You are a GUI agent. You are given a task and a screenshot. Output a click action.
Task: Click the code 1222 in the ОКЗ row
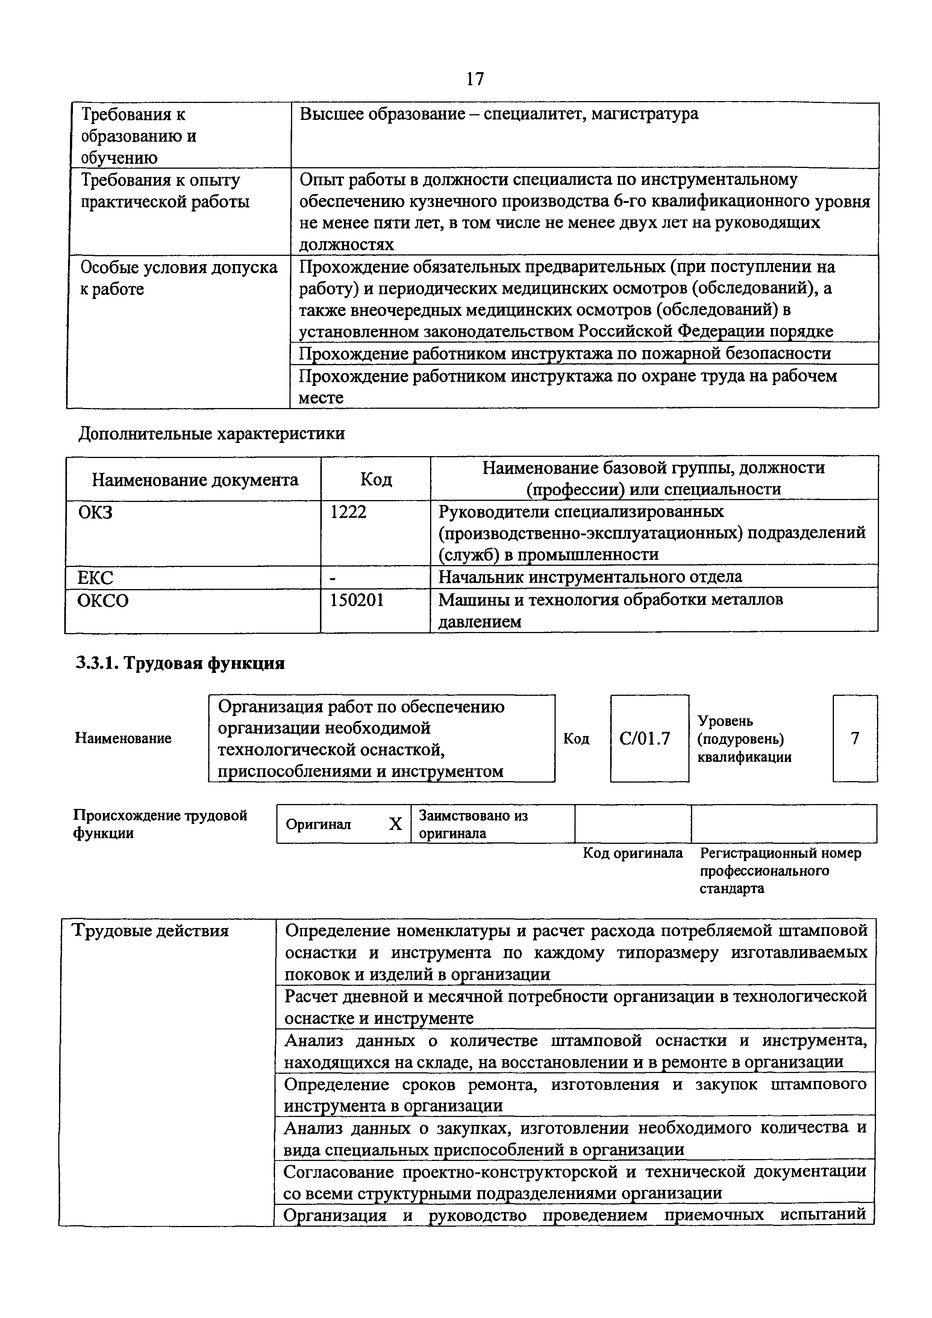pyautogui.click(x=349, y=511)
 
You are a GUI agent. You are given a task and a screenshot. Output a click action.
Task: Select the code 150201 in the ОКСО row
pyautogui.click(x=357, y=600)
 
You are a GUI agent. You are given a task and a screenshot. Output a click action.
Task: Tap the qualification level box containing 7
pyautogui.click(x=855, y=738)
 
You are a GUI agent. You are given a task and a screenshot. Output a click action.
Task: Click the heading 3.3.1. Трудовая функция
pyautogui.click(x=181, y=664)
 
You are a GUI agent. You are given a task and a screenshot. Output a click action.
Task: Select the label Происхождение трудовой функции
pyautogui.click(x=160, y=824)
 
